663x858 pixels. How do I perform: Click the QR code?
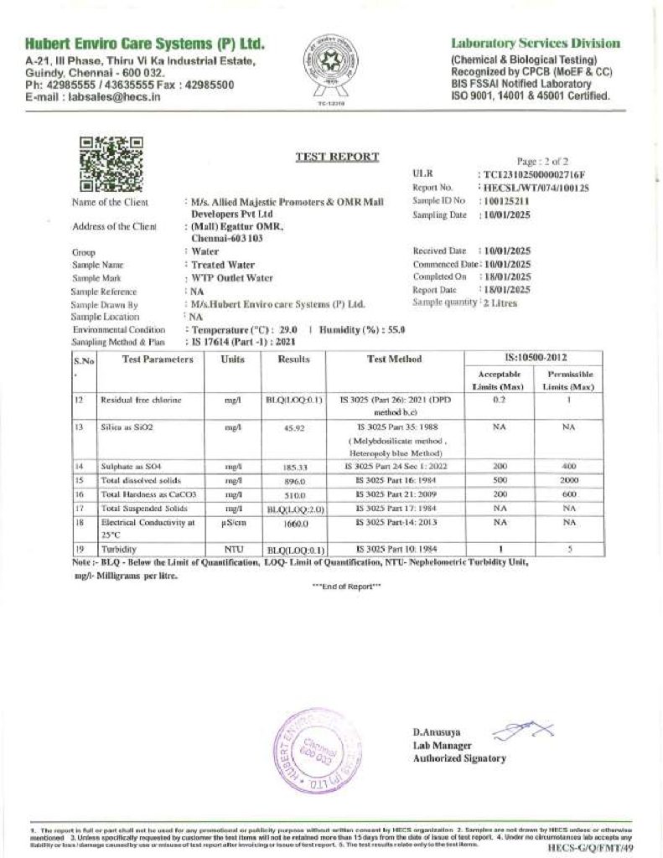point(111,164)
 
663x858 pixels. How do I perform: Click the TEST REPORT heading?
point(337,157)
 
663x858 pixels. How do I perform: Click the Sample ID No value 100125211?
point(505,202)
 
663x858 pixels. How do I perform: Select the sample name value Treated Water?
point(222,264)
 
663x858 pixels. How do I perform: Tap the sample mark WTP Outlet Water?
point(232,277)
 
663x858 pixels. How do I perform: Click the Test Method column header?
point(395,359)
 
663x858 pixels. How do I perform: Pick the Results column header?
point(293,359)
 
